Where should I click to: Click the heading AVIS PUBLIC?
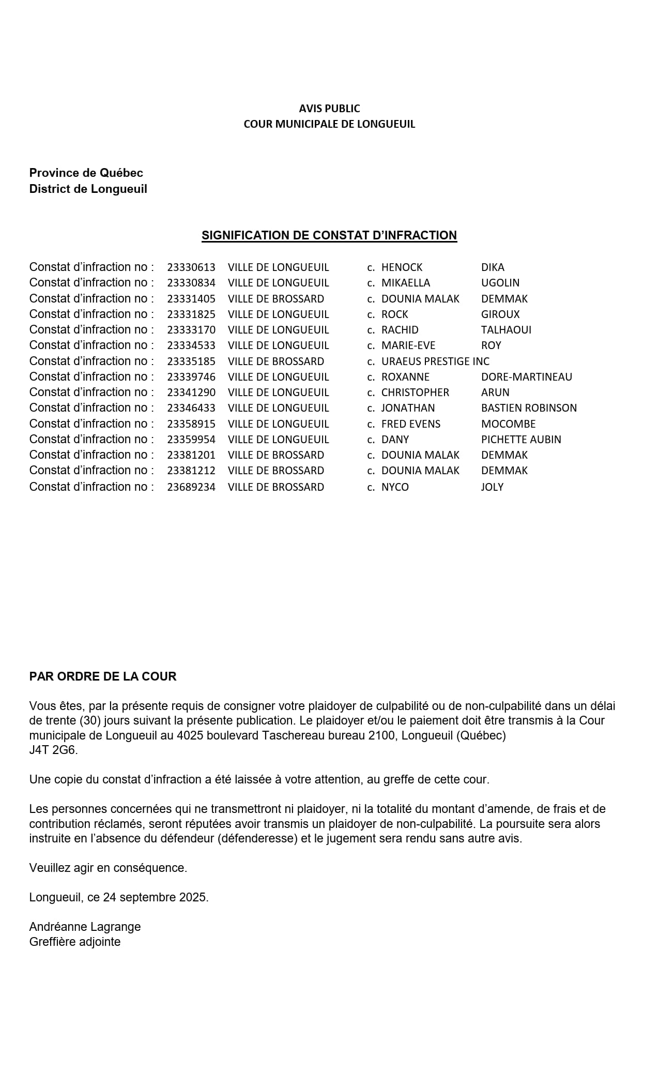coord(329,109)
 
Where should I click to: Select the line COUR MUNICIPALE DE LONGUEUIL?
coord(329,124)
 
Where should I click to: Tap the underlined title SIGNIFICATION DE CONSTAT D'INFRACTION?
coord(329,235)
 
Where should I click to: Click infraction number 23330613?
coord(191,267)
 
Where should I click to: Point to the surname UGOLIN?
coord(500,283)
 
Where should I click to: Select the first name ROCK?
coord(394,314)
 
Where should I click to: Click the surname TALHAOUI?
coord(506,330)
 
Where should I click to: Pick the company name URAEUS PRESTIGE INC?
coord(435,361)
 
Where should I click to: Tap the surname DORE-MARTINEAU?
coord(526,377)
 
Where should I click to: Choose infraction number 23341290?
coord(191,393)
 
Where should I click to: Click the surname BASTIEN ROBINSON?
coord(529,408)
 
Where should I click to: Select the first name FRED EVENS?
coord(411,424)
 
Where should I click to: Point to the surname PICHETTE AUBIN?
coord(521,440)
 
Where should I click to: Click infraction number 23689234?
coord(191,487)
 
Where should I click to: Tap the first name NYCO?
coord(395,487)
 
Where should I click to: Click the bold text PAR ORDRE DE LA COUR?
coord(103,676)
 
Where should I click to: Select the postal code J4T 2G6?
coord(53,750)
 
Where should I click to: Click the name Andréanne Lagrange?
coord(85,927)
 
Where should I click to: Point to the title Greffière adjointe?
coord(75,942)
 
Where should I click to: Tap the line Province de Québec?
coord(86,173)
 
